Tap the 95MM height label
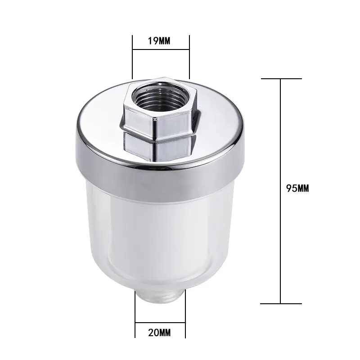pyautogui.click(x=298, y=189)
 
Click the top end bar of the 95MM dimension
pyautogui.click(x=281, y=79)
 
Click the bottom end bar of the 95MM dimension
pyautogui.click(x=281, y=303)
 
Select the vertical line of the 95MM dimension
pyautogui.click(x=281, y=135)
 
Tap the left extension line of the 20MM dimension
pyautogui.click(x=135, y=315)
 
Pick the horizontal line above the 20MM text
pyautogui.click(x=161, y=323)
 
